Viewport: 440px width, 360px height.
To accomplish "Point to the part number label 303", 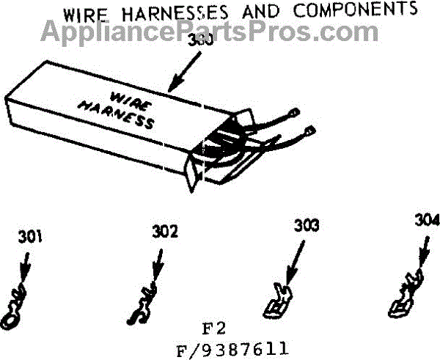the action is click(x=306, y=226).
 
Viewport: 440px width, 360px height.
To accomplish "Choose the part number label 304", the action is click(x=426, y=220).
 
